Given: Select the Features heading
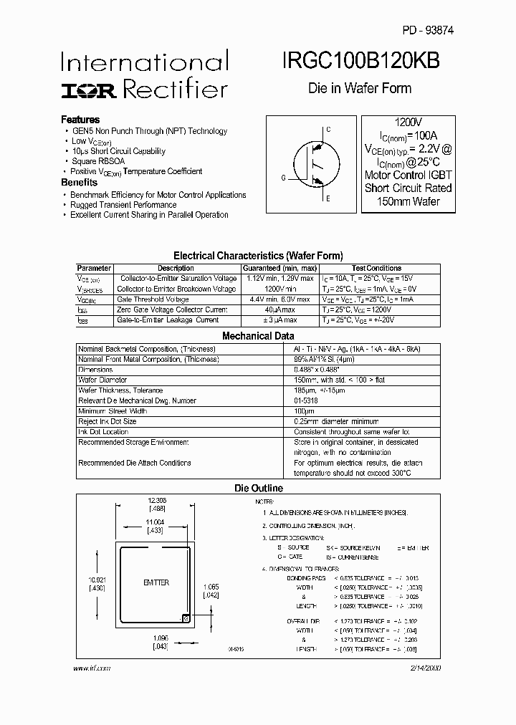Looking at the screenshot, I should point(80,120).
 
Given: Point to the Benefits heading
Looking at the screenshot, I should point(79,183).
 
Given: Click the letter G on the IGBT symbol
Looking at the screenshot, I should point(283,177).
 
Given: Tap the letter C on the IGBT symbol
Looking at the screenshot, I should point(328,130).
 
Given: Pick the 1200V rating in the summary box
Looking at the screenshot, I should point(408,123).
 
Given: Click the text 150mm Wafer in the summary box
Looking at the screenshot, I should point(408,201).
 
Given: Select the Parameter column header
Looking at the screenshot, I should point(94,268).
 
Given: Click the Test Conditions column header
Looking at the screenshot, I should point(376,268).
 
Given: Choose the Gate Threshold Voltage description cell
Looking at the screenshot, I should point(154,299).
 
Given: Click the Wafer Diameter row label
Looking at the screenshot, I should point(102,380).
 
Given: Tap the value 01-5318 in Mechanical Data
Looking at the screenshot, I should point(306,400).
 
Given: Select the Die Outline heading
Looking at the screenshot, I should point(259,488).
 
